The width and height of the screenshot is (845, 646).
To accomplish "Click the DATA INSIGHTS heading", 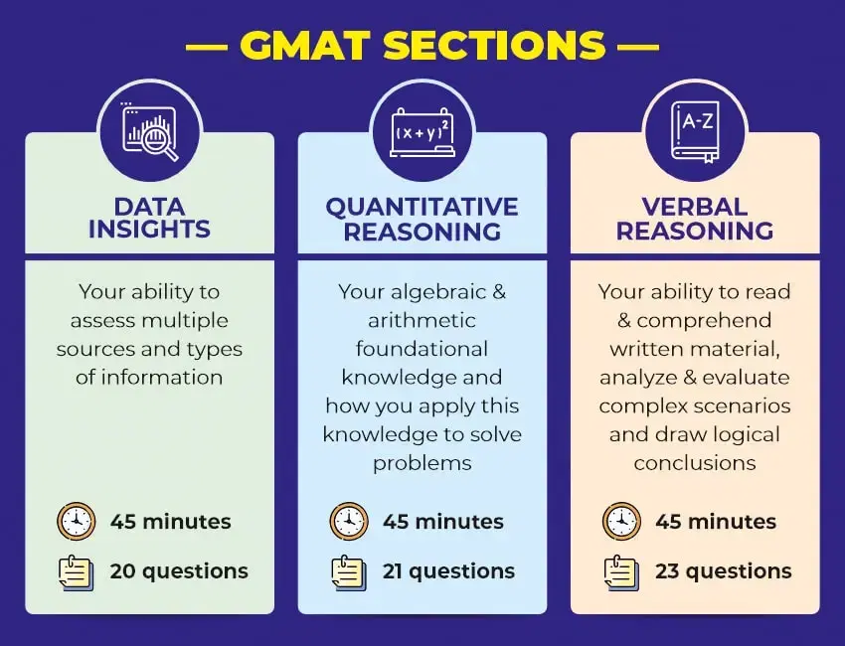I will coord(149,218).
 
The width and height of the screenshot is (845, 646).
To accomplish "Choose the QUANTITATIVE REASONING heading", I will coord(422,218).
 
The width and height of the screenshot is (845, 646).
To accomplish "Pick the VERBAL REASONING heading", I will coord(695,218).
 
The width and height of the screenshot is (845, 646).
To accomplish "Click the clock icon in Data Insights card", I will coord(77,521).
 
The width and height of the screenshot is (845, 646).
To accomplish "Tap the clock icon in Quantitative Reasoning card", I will coord(349,521).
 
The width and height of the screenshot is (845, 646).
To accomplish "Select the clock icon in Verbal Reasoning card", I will coord(621,521).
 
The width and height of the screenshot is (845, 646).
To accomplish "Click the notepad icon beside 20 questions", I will coord(77,571).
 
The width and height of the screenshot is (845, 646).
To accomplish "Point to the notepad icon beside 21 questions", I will coord(349,571).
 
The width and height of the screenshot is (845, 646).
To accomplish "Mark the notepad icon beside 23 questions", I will coord(621,571).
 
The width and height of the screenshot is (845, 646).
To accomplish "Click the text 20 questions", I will coord(179,571).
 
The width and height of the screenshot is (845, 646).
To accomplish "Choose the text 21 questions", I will coord(448,571).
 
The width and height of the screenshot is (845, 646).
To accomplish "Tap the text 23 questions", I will coord(723,571).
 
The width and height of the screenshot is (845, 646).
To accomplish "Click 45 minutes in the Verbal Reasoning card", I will coord(716,521).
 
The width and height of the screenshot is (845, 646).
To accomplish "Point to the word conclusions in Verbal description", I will coord(695,463).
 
